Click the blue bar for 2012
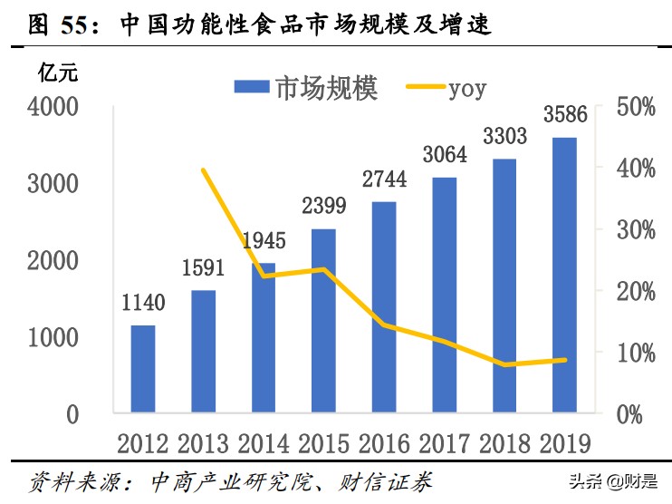point(143,369)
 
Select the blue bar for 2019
point(565,276)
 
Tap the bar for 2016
point(384,307)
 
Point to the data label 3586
point(565,115)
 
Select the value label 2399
point(323,207)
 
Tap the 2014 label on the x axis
point(264,442)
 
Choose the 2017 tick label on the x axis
point(444,442)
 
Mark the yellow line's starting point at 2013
point(203,170)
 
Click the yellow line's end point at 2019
point(565,360)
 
